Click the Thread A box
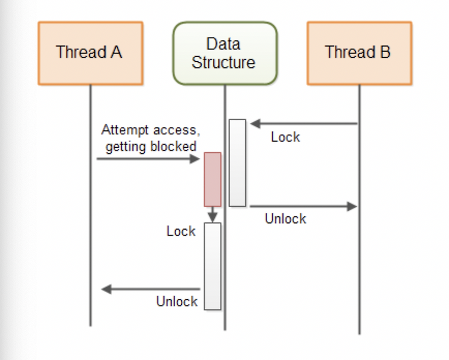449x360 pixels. (90, 53)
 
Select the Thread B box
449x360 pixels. (359, 53)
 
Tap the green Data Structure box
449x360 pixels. (224, 53)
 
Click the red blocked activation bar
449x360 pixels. (212, 179)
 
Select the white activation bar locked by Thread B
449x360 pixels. (237, 163)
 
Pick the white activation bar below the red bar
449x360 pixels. (212, 266)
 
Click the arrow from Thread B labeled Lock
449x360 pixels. (303, 124)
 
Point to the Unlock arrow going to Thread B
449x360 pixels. (303, 206)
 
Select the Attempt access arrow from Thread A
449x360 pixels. (148, 159)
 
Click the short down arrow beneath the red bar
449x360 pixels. (212, 215)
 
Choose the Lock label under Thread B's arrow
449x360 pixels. (285, 137)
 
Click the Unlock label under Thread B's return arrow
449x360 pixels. (285, 219)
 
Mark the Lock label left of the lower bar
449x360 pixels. (181, 231)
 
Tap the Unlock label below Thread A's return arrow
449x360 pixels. (177, 302)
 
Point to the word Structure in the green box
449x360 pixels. (223, 62)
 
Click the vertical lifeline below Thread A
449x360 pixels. (90, 225)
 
